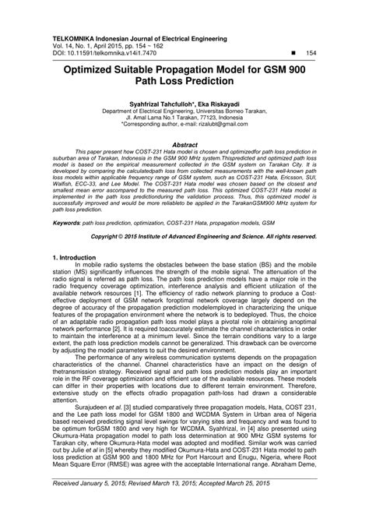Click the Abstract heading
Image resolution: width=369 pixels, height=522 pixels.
pos(184,144)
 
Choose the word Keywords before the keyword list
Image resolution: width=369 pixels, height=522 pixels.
pos(69,222)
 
